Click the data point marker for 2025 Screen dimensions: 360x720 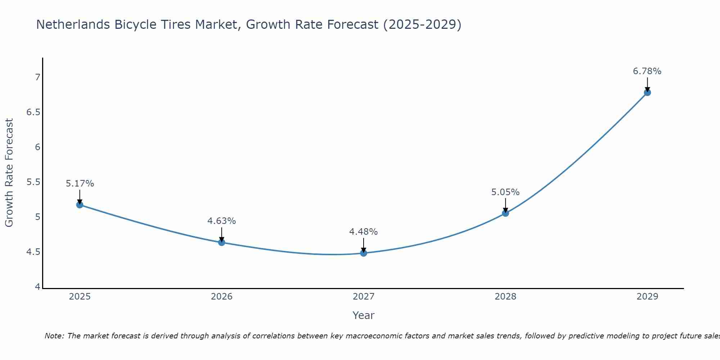click(80, 205)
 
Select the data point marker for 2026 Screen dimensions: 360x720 click(222, 242)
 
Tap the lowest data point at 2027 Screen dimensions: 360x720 click(364, 253)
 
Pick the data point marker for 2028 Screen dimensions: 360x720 click(505, 213)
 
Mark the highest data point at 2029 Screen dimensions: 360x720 click(647, 93)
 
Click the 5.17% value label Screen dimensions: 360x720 click(80, 184)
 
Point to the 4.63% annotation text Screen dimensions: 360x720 click(222, 221)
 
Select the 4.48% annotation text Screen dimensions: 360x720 click(364, 232)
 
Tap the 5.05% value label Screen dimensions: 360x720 click(505, 192)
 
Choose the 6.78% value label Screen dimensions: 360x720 click(647, 71)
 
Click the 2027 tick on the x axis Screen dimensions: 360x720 click(364, 297)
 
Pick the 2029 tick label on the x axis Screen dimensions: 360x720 click(647, 297)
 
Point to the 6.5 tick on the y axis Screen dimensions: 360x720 click(33, 112)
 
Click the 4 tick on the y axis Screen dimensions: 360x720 click(37, 287)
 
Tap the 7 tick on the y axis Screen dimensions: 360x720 click(37, 77)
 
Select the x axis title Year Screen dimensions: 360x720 click(364, 315)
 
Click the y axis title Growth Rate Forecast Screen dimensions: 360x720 click(9, 173)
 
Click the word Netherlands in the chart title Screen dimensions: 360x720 click(73, 24)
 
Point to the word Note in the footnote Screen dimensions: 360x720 click(54, 336)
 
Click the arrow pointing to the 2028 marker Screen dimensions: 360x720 click(505, 205)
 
